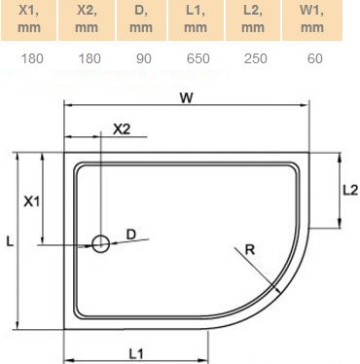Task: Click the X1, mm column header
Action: pos(29,18)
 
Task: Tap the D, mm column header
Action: pos(143,18)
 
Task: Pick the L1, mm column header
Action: pos(199,18)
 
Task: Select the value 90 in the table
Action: pos(143,58)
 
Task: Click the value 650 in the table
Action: pos(199,58)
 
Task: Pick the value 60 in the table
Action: pos(314,58)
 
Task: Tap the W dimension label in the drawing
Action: pos(185,97)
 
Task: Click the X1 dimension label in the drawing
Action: pos(32,201)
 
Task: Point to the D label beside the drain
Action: pos(132,234)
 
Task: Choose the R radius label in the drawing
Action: pos(250,250)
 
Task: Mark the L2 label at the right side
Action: pos(348,192)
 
